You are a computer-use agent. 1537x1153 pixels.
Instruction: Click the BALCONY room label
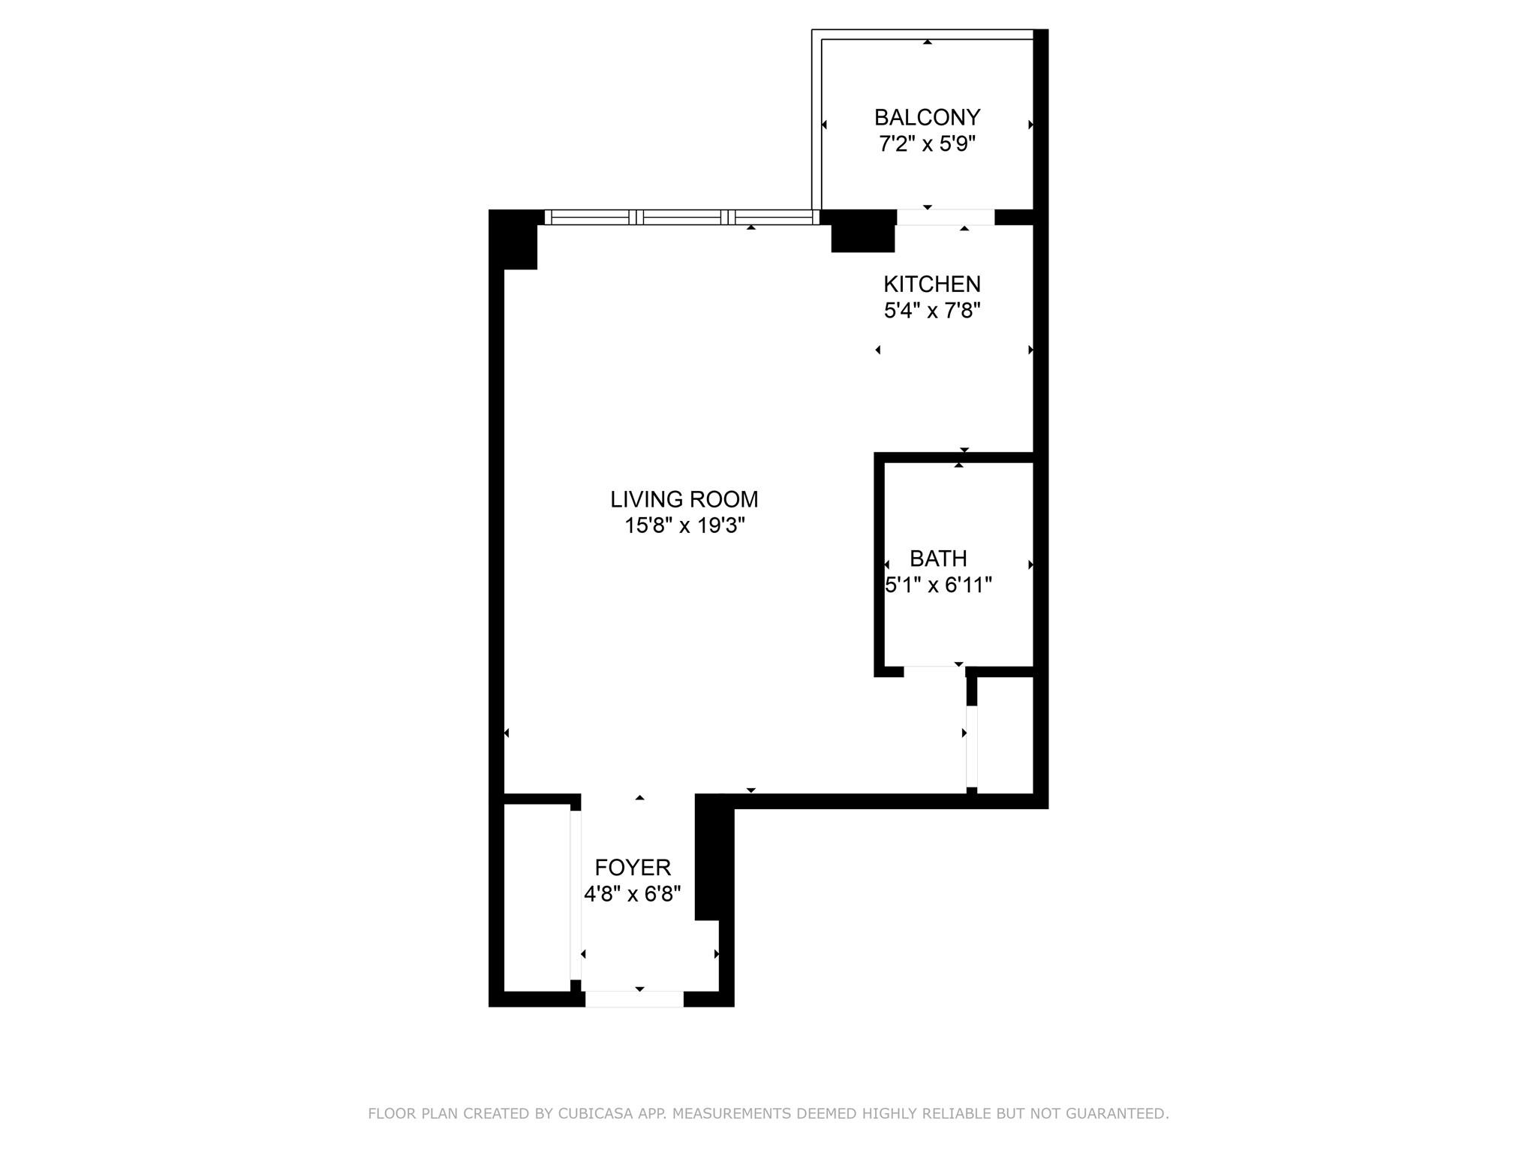[x=927, y=118]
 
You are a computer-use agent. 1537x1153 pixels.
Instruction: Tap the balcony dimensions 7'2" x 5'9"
[x=927, y=143]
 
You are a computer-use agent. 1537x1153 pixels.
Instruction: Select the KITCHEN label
[x=932, y=284]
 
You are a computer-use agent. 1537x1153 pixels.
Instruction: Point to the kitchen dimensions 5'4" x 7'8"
[x=932, y=310]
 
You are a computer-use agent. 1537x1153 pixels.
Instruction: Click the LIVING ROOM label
[x=684, y=499]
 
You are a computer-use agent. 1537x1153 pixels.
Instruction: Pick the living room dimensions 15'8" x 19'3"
[x=684, y=525]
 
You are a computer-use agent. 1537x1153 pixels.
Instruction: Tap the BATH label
[x=938, y=558]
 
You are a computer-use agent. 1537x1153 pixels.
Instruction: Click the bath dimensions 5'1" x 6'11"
[x=939, y=585]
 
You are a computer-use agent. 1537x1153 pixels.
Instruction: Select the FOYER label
[x=633, y=868]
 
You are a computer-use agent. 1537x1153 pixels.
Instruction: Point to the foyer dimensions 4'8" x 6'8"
[x=633, y=894]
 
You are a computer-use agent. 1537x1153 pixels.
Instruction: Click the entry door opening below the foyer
[x=634, y=999]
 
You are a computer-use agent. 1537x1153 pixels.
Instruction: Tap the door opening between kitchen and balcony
[x=946, y=217]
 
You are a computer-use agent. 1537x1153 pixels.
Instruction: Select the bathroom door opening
[x=934, y=671]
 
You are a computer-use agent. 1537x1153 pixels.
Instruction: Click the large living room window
[x=682, y=217]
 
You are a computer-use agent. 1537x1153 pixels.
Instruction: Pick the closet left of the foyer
[x=537, y=898]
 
